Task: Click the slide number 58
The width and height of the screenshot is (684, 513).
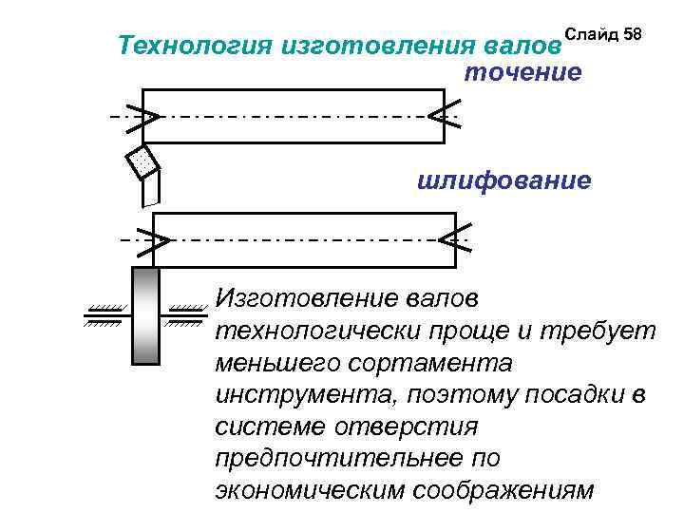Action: (633, 34)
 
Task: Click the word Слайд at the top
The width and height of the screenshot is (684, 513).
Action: (589, 34)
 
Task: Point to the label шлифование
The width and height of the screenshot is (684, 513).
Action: (504, 180)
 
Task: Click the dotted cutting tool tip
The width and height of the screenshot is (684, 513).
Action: (142, 162)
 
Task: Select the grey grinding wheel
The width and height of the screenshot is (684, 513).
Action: (145, 315)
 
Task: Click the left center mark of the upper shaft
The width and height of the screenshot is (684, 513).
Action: (143, 117)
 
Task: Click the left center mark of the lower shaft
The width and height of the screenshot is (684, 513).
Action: (153, 240)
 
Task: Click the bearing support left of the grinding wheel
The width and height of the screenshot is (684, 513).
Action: (104, 313)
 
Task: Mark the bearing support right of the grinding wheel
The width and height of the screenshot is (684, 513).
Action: (186, 313)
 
